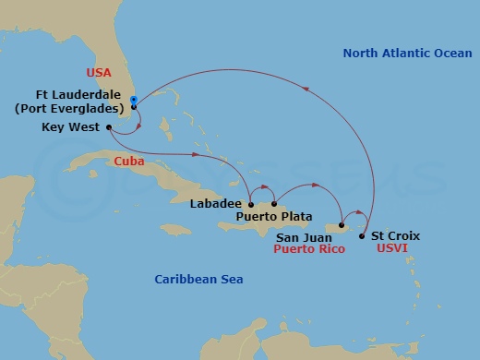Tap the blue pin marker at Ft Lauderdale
(x=134, y=100)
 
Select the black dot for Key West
(x=110, y=127)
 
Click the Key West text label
(x=71, y=127)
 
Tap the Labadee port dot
(x=250, y=204)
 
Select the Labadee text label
(x=216, y=204)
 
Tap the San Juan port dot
(x=342, y=225)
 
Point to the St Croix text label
(x=395, y=236)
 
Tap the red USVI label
(x=393, y=248)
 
